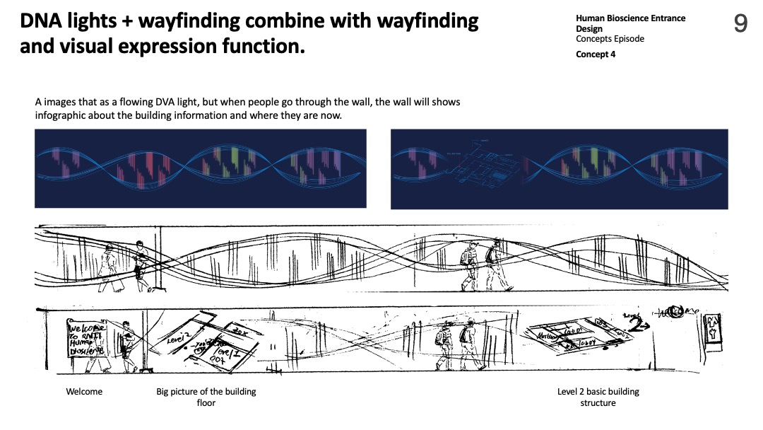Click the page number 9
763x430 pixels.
[740, 25]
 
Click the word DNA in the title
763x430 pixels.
[44, 21]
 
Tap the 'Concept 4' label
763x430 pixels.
[596, 54]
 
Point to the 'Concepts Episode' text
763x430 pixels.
[610, 39]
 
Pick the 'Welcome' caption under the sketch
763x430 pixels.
[84, 392]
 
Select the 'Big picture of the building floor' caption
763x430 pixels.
[206, 397]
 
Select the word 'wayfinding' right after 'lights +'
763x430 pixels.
[189, 21]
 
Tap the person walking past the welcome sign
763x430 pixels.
[126, 344]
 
